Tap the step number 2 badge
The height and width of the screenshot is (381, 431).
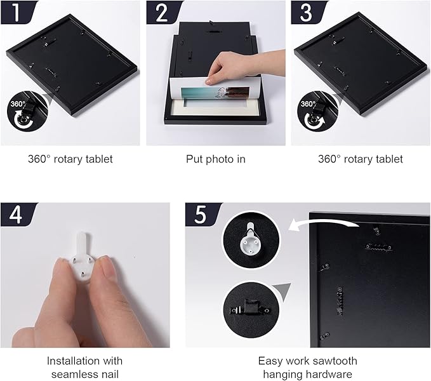pyautogui.click(x=162, y=12)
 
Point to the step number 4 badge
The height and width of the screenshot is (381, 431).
pyautogui.click(x=17, y=215)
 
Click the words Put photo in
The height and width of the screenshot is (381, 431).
pyautogui.click(x=216, y=159)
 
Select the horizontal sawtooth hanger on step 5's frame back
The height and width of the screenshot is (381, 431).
pyautogui.click(x=378, y=247)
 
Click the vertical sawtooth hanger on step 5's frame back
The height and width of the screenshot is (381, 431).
pyautogui.click(x=340, y=301)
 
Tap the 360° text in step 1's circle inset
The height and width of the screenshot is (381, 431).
pyautogui.click(x=18, y=104)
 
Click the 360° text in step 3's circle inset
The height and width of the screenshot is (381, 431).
pyautogui.click(x=308, y=104)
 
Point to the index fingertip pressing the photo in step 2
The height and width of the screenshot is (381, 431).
pyautogui.click(x=209, y=81)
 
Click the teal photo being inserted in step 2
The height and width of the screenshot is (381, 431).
pyautogui.click(x=215, y=95)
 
